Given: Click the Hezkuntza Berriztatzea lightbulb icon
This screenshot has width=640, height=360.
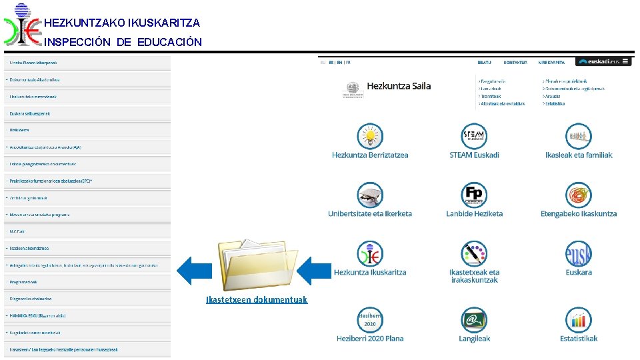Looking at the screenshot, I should (370, 136).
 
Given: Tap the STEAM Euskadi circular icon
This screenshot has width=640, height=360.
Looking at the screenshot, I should (474, 136).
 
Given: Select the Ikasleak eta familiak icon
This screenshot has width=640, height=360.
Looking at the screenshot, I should (578, 136).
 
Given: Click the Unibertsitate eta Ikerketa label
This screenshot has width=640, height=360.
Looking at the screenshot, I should (370, 214).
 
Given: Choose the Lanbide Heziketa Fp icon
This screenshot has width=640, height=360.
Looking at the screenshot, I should (474, 195).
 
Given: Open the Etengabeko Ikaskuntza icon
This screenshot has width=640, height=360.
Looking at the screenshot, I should (578, 195).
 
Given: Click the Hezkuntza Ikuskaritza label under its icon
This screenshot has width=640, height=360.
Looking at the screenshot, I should (370, 273).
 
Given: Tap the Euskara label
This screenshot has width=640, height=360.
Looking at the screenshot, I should (578, 273).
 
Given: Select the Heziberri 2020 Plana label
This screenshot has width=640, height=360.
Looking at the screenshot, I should (370, 339).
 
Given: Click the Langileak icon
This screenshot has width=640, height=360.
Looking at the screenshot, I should (474, 320).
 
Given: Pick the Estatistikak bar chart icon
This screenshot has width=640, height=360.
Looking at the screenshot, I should (578, 320).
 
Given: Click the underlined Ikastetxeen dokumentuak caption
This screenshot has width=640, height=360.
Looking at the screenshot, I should (257, 300).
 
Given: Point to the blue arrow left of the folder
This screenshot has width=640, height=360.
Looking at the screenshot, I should (193, 271).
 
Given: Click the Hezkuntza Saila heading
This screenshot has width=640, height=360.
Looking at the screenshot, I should (399, 86).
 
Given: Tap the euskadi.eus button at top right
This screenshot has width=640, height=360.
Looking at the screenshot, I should (603, 61).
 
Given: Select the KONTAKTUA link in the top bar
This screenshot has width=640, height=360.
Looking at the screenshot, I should (515, 63).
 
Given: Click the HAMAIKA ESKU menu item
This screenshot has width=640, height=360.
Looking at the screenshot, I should (38, 315).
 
